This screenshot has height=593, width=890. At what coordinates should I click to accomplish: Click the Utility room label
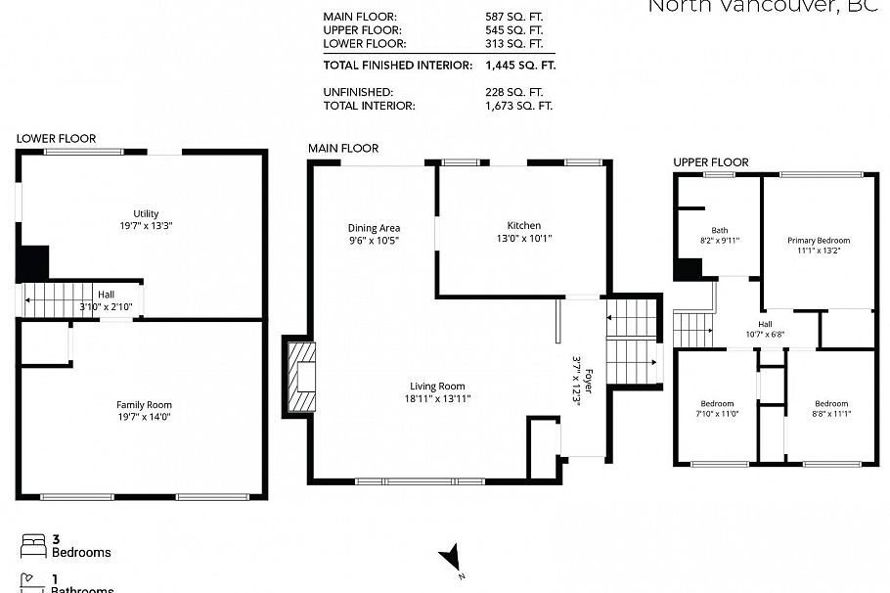pos(146,213)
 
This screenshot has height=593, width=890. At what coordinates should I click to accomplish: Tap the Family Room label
pos(144,404)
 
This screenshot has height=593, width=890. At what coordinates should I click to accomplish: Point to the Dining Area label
pos(374,228)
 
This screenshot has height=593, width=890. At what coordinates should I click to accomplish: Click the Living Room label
pos(438,386)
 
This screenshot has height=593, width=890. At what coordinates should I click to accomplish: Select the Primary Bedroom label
pos(819,240)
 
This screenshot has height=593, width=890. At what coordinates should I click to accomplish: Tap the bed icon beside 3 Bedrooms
pos(32,543)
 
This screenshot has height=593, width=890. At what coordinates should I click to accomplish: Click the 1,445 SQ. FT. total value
pos(519,67)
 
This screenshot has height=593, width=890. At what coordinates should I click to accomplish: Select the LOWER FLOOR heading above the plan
pos(56,139)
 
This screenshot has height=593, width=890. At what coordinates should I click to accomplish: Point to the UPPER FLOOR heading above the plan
pos(710,162)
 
